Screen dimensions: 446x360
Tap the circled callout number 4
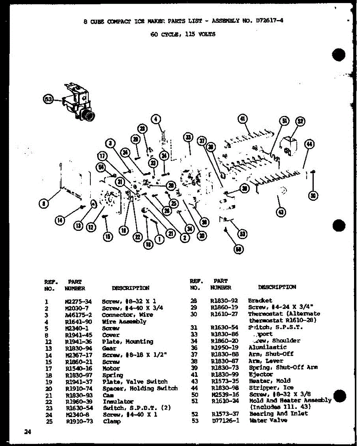pyautogui.click(x=156, y=119)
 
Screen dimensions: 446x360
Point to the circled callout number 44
pyautogui.click(x=309, y=145)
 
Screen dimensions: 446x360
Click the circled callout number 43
pyautogui.click(x=281, y=212)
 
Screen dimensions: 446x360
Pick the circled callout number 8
pyautogui.click(x=44, y=203)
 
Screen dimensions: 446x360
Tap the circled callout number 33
pyautogui.click(x=188, y=138)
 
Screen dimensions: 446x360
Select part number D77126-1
pyautogui.click(x=225, y=421)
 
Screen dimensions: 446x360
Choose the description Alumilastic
pyautogui.click(x=267, y=347)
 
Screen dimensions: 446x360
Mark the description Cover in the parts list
pyautogui.click(x=111, y=335)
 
